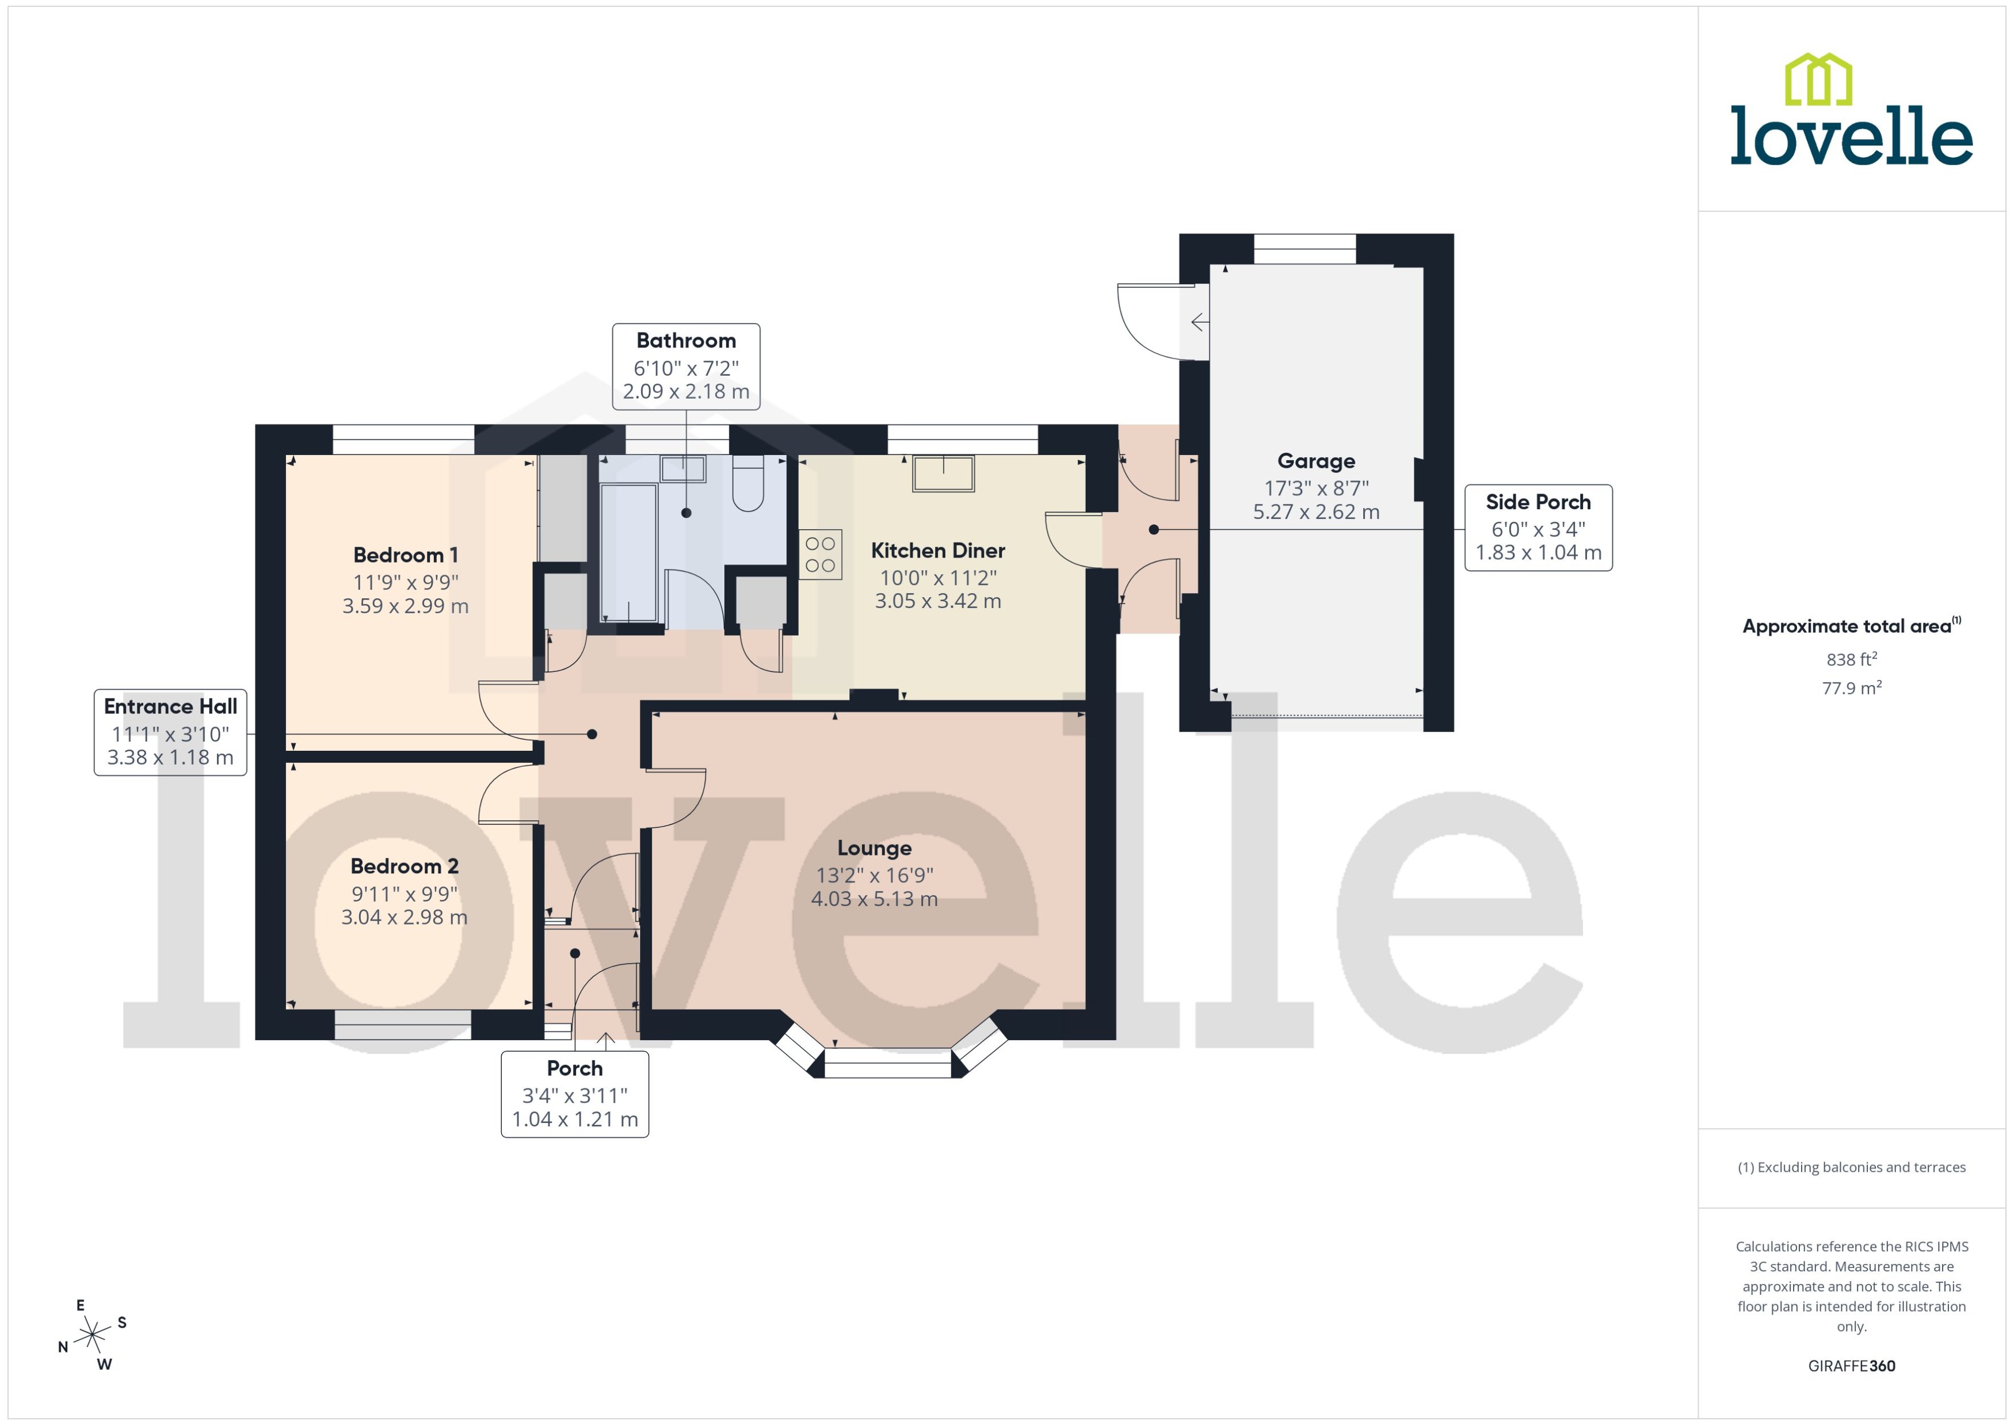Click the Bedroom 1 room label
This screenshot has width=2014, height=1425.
[x=406, y=555]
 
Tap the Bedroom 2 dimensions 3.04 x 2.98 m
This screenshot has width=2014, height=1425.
[x=404, y=917]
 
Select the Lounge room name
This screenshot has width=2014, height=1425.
[x=874, y=847]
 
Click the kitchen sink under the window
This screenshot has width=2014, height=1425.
[x=943, y=474]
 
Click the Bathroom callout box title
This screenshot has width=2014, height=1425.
[x=685, y=341]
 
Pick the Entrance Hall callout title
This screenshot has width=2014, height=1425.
[x=170, y=706]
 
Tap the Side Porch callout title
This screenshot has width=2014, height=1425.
[x=1538, y=502]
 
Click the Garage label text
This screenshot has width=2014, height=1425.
[x=1315, y=461]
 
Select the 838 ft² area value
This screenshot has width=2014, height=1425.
[x=1851, y=659]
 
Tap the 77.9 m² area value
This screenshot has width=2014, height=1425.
[x=1851, y=688]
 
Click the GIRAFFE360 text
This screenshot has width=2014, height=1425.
[x=1851, y=1365]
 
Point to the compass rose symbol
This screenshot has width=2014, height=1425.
[x=91, y=1335]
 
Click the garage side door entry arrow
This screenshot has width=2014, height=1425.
[x=1199, y=323]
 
